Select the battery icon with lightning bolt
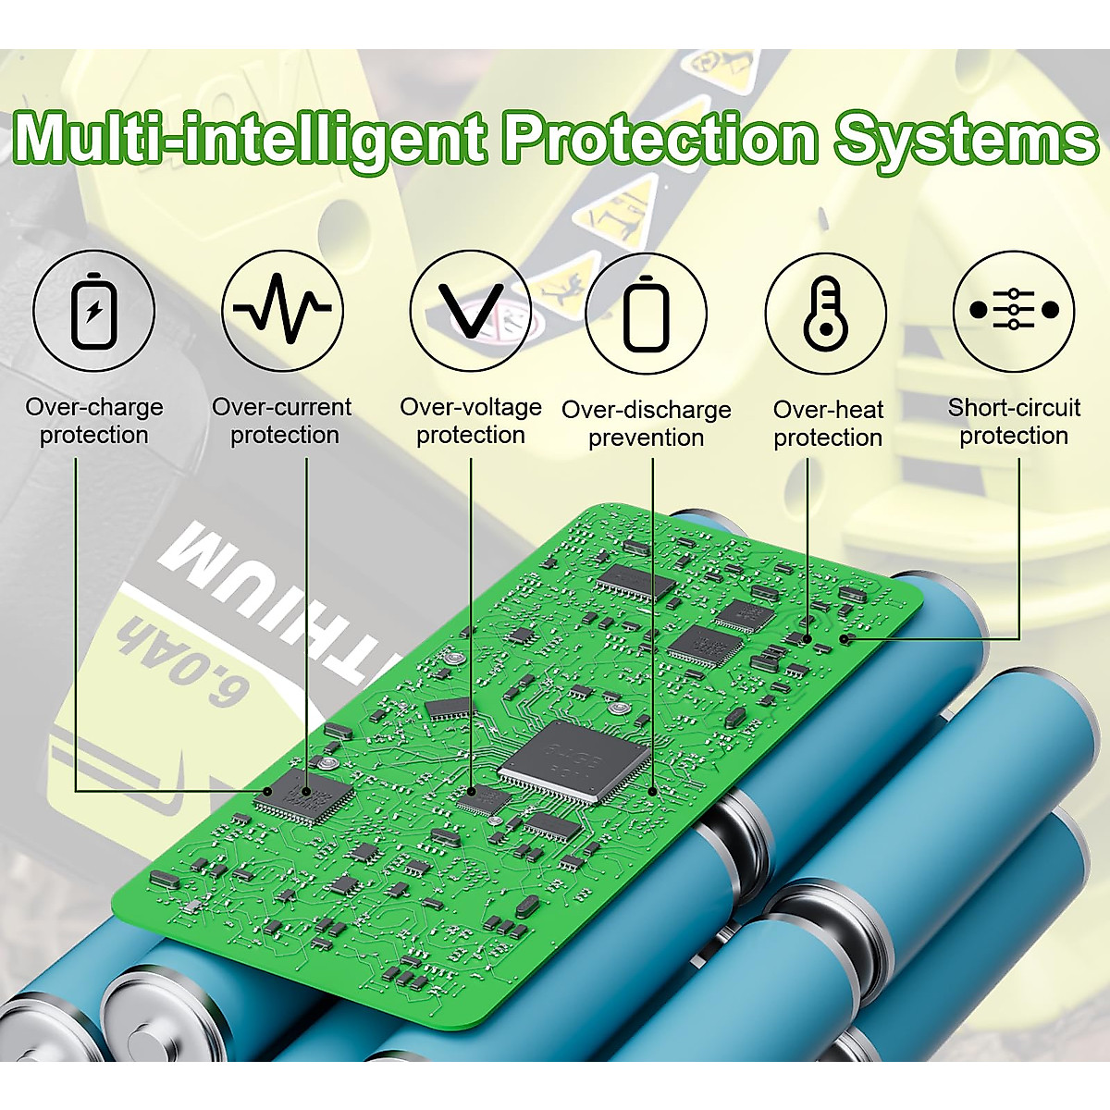click(93, 311)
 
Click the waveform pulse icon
click(282, 311)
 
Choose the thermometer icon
click(825, 314)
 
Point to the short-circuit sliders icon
click(1014, 310)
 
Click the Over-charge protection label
click(93, 421)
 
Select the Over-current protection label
click(282, 421)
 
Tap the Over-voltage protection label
click(470, 421)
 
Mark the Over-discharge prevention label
click(646, 424)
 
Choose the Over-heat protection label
click(827, 424)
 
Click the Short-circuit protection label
click(1014, 422)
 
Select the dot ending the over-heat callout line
click(808, 637)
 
